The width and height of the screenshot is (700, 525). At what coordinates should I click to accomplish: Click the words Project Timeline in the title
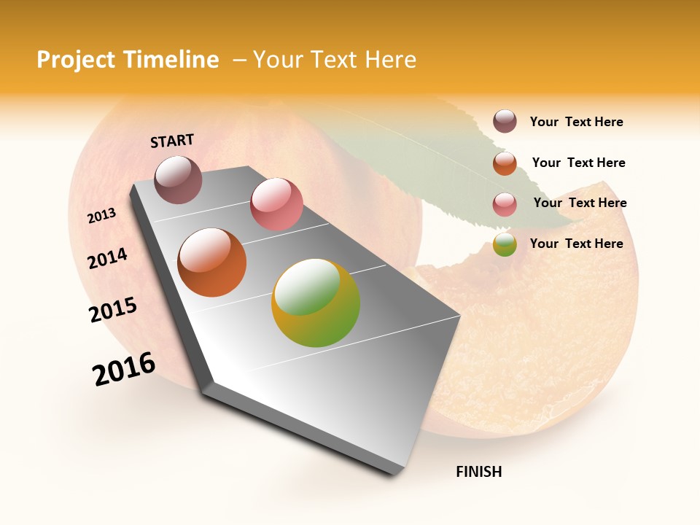128,60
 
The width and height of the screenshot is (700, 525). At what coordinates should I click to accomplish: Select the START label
172,141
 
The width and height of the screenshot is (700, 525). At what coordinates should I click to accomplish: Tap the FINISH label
479,472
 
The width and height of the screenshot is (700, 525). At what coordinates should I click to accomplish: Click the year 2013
102,216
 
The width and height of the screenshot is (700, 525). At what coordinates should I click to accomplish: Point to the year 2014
107,258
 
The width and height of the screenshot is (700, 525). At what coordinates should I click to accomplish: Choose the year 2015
113,310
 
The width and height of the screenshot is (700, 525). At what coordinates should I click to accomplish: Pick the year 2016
124,369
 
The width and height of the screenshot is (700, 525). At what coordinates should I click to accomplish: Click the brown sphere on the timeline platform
179,179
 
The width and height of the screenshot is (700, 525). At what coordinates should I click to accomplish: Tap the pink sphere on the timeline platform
276,203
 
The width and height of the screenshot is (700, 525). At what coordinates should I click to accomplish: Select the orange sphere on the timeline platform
212,262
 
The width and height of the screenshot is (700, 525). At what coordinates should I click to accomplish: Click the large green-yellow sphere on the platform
316,303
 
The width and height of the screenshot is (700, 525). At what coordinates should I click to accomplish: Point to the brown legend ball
505,121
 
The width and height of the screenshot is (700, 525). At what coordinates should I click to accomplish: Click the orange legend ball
505,163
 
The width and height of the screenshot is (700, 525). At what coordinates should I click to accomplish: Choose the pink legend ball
505,203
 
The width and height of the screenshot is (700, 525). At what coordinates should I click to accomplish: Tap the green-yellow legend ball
505,244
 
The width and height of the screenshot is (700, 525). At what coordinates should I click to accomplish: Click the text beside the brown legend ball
576,122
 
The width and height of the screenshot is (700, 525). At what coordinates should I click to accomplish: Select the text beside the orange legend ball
578,163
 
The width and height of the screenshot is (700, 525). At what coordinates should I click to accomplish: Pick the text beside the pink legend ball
580,203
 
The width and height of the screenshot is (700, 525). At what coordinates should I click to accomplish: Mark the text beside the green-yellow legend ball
576,244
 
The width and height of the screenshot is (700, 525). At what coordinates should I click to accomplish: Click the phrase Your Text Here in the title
335,60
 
